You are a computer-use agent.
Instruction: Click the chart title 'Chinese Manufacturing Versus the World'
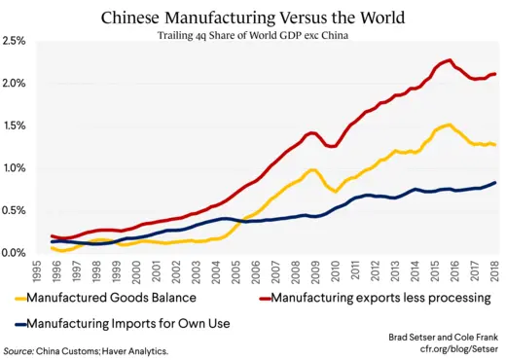(253, 17)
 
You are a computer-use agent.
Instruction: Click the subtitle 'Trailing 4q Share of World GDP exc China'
(253, 36)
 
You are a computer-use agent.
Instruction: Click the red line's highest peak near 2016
(447, 60)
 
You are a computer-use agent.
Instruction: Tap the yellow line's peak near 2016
(447, 125)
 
